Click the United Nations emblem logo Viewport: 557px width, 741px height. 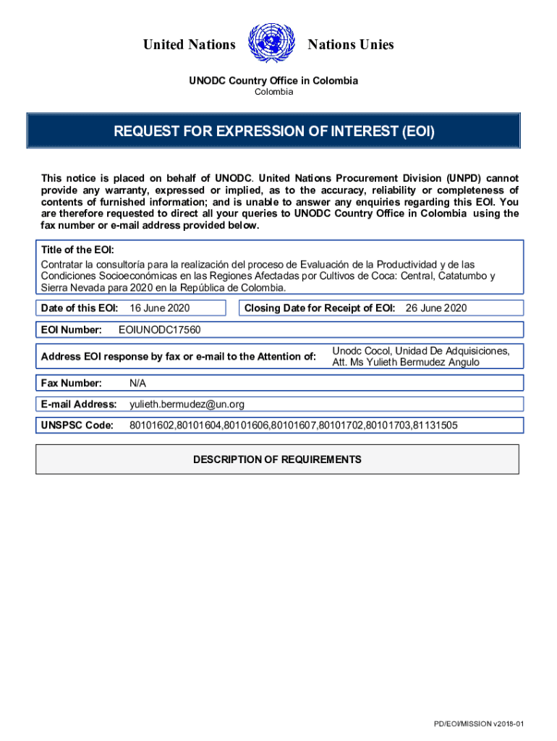click(x=271, y=43)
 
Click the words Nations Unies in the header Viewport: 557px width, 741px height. click(x=351, y=45)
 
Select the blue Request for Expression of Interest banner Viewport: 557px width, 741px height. click(x=274, y=132)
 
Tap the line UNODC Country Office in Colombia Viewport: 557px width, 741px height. click(x=273, y=81)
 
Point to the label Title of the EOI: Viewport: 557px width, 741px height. click(x=77, y=250)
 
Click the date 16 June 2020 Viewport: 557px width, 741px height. click(x=159, y=308)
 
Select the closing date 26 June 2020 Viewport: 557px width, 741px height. click(x=436, y=308)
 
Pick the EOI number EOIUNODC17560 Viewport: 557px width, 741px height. click(x=159, y=330)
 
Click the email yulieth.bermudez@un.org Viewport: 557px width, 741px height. click(x=187, y=404)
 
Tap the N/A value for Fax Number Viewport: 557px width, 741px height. click(x=137, y=383)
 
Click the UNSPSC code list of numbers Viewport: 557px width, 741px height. click(x=293, y=425)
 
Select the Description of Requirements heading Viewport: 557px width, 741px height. click(x=277, y=460)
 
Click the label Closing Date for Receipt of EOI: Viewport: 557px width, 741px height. click(x=319, y=308)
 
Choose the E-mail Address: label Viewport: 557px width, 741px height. click(x=79, y=404)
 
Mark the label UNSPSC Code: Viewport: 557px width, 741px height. click(x=77, y=425)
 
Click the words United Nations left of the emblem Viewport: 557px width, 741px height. click(x=189, y=45)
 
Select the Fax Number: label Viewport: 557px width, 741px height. click(x=72, y=383)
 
